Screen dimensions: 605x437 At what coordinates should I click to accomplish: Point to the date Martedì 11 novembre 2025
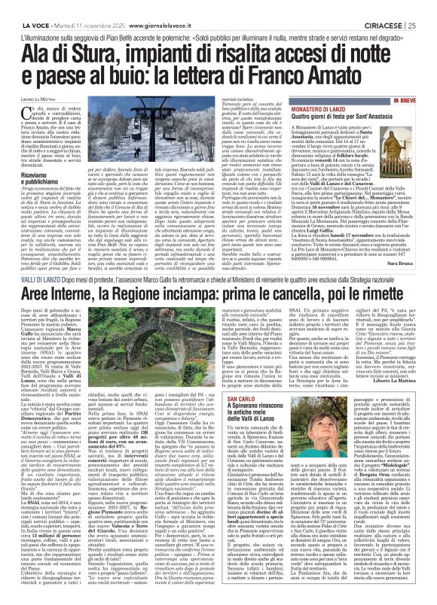coord(78,6)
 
